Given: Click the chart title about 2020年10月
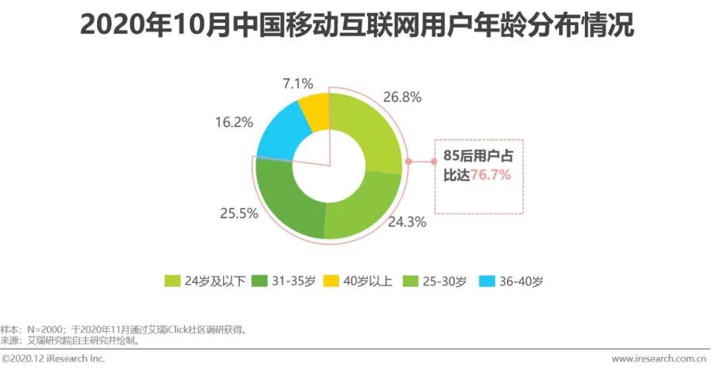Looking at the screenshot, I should point(357,26).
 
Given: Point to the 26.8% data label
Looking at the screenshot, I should point(401,97).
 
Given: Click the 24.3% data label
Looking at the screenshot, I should point(407,222).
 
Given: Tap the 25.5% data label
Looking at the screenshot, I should point(239,215).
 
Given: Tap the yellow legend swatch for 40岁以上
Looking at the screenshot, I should point(332,281).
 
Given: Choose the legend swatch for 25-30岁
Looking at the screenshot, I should point(408,281).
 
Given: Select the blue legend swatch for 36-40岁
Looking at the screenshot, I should point(487,281).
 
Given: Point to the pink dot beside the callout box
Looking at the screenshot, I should point(408,161).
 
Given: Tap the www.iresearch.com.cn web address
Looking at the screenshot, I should point(660,359).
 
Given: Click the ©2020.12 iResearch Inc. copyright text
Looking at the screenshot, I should point(53,359).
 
